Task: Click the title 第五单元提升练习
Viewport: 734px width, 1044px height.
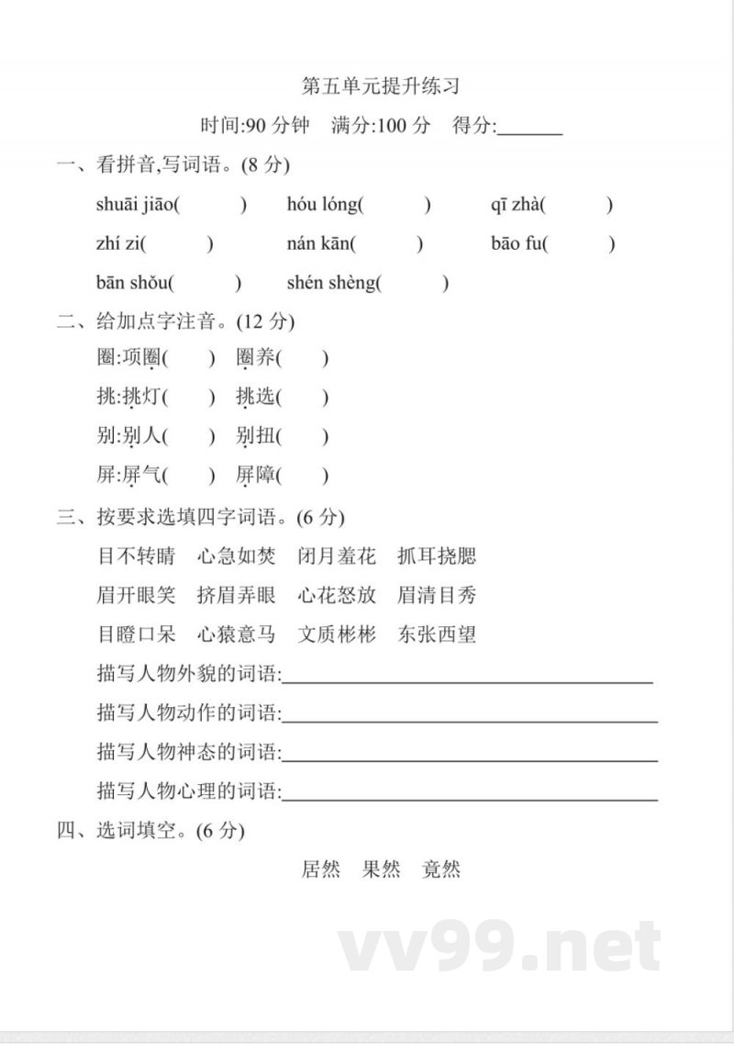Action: tap(380, 87)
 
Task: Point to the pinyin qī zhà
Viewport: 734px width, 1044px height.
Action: tap(515, 205)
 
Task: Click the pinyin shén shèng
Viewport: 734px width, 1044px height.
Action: tap(330, 283)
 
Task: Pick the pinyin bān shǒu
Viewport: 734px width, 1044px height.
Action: tap(132, 283)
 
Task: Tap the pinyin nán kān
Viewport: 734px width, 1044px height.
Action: tap(317, 243)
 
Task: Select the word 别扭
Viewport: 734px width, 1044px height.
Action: tap(255, 436)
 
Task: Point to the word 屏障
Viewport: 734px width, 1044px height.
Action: tap(255, 476)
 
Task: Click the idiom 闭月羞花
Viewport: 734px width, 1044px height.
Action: tap(337, 556)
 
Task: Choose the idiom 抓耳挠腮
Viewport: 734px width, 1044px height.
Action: tap(437, 556)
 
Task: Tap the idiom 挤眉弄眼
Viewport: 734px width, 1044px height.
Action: tap(237, 595)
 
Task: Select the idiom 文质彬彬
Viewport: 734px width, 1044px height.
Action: tap(337, 634)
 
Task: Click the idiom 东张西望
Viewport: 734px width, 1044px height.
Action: tap(437, 634)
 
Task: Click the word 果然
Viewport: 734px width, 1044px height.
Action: tap(382, 869)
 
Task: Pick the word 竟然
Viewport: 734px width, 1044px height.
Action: tap(441, 869)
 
